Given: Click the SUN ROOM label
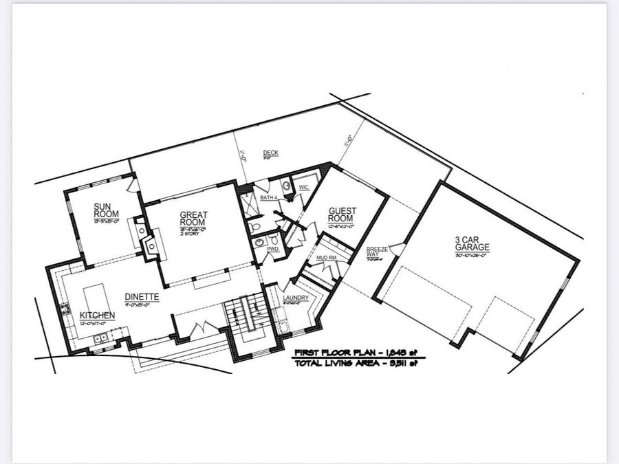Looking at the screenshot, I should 107,210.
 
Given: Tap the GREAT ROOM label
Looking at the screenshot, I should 193,219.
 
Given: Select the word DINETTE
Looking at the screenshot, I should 142,297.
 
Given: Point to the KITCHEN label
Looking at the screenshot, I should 96,315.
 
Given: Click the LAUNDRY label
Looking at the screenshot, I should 296,298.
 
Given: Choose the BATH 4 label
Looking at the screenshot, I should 268,198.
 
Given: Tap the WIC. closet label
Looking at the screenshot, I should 304,187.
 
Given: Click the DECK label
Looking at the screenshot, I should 270,153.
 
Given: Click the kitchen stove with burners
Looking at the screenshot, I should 65,309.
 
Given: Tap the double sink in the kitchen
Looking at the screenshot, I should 100,338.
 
